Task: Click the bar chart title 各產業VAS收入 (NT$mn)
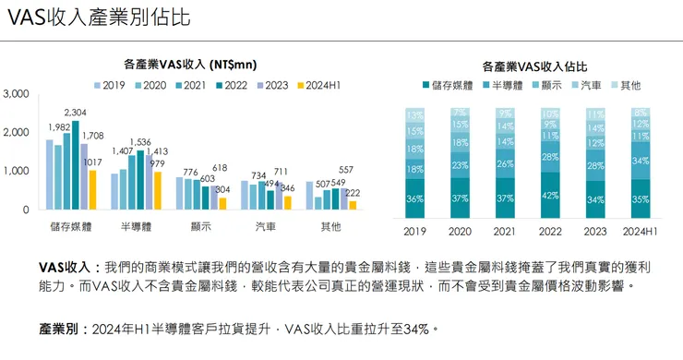[x=189, y=65]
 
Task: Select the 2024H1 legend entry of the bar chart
[x=320, y=85]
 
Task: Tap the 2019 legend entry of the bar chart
[x=109, y=85]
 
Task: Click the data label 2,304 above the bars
[x=75, y=112]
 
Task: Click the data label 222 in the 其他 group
[x=353, y=192]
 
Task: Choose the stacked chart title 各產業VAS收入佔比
[x=534, y=66]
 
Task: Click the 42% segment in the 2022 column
[x=550, y=195]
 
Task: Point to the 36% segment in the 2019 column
[x=414, y=198]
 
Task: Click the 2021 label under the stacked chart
[x=505, y=233]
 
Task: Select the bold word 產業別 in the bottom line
[x=64, y=328]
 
